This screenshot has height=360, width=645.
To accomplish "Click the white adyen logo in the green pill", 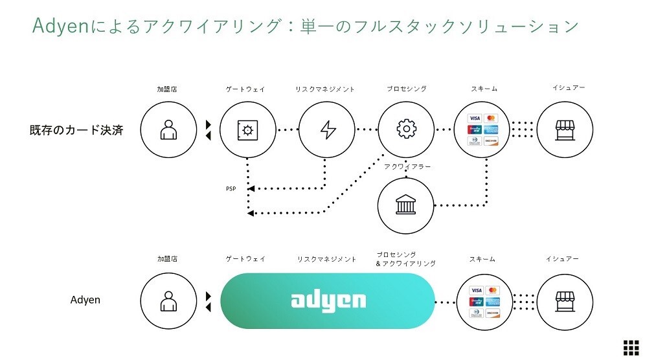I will [x=328, y=300].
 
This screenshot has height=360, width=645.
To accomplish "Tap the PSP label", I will [x=231, y=189].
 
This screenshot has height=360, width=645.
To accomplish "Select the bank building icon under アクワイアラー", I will [x=406, y=206].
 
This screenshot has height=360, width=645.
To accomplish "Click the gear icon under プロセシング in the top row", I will [x=406, y=129].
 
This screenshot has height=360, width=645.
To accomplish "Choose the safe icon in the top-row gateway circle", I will [x=248, y=129].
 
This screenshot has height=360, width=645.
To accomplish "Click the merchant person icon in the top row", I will [x=168, y=129].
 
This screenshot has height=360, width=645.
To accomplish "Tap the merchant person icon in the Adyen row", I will [x=168, y=300].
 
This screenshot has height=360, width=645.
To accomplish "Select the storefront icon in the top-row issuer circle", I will [x=565, y=129].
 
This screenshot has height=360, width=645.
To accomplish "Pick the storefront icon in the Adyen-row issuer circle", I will [x=565, y=300].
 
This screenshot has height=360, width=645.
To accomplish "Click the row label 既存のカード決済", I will [x=76, y=129].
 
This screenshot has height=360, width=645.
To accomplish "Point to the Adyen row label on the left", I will [x=85, y=300].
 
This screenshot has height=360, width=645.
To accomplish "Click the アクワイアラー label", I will [x=407, y=166].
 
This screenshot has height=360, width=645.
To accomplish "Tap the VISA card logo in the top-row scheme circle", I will [x=475, y=118].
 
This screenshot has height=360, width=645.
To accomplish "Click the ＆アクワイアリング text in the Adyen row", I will [x=406, y=264].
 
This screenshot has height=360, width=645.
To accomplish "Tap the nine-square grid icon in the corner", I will [x=630, y=346].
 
